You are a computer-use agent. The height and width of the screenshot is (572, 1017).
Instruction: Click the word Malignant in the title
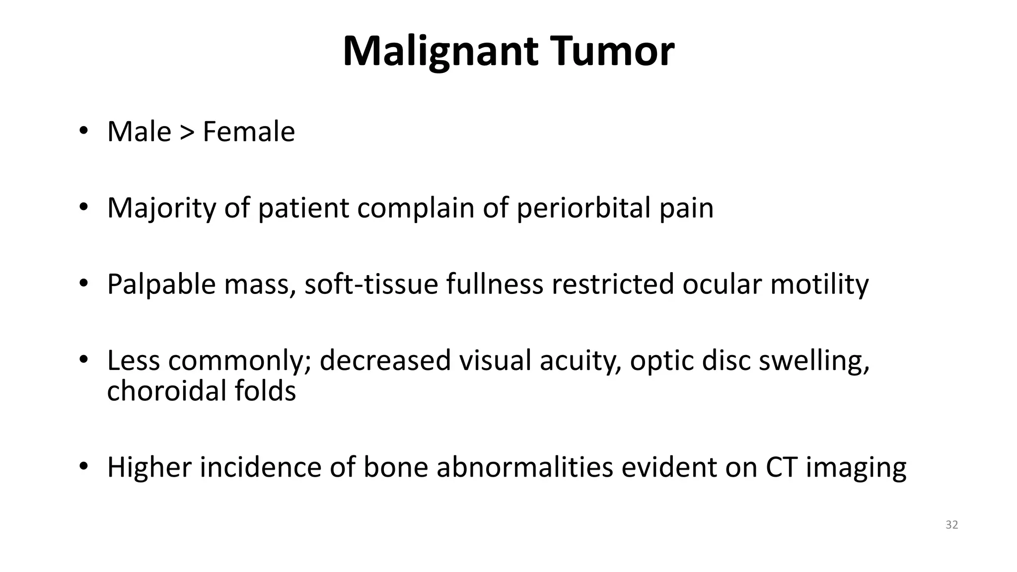point(440,52)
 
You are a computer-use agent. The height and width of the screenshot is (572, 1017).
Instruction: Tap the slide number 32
point(951,525)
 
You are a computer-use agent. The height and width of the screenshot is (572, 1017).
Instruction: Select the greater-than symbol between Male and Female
point(187,132)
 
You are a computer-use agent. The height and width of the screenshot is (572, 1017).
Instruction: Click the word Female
point(249,132)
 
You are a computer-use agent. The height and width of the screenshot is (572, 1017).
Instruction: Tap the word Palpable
point(161,285)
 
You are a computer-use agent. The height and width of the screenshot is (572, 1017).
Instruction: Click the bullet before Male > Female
point(83,132)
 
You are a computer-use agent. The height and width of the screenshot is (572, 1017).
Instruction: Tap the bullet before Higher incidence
point(83,467)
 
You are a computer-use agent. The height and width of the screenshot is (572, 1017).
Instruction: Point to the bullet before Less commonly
point(83,359)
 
